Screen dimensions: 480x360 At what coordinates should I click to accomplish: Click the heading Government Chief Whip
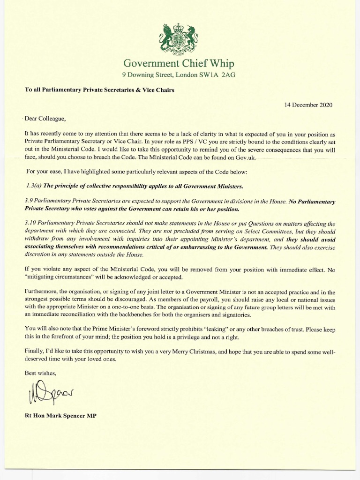178,64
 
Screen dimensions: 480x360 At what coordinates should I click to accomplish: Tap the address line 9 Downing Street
178,75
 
